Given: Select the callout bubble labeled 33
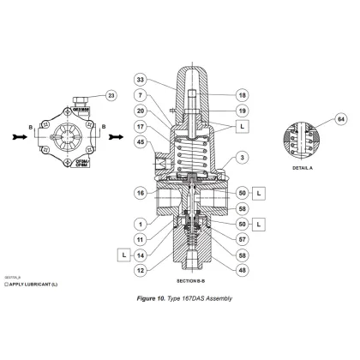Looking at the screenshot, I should (141, 80).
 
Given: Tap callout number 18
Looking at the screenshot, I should (243, 95).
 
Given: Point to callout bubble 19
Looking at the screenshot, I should (243, 111).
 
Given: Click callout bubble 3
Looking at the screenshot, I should (243, 158).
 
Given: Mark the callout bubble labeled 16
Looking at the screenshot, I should (141, 195).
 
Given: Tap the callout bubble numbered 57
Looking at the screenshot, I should (243, 241).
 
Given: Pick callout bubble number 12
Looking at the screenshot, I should (141, 271).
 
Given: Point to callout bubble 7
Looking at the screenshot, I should (141, 95).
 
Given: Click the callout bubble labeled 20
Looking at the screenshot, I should (141, 111).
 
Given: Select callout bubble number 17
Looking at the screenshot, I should (141, 126).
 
